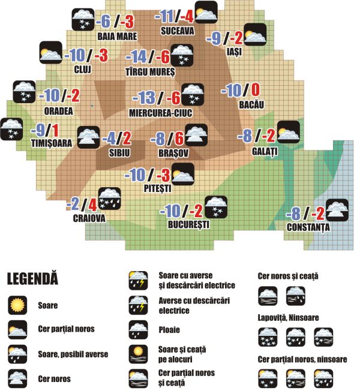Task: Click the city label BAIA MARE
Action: pos(118,36)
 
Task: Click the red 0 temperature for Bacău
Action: pos(254,91)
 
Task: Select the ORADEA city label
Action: pos(58,110)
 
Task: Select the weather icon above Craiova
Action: pos(109,198)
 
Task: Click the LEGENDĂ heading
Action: pos(32,279)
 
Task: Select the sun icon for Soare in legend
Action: pos(19,305)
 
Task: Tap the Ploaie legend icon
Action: pos(138,329)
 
